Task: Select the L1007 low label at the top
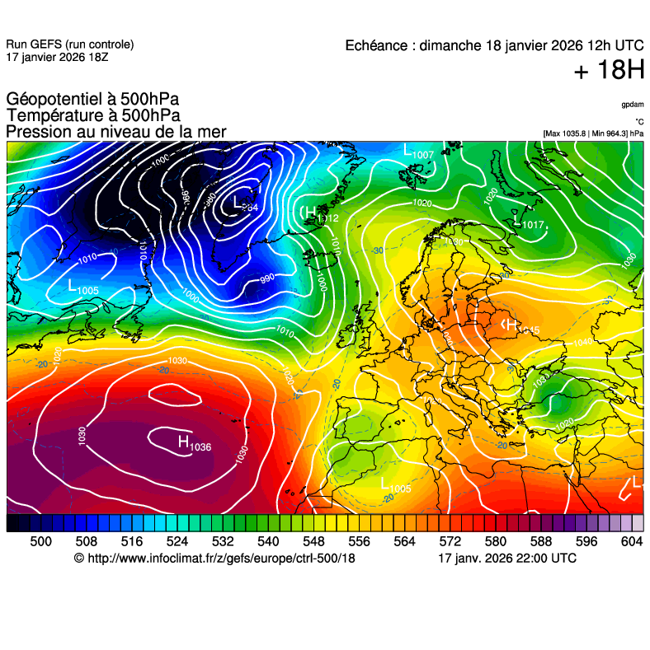click(x=418, y=152)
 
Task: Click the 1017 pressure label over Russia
click(x=533, y=224)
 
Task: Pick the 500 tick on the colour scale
click(x=40, y=541)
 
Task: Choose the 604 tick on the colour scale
click(x=631, y=541)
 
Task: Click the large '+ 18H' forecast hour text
click(x=609, y=71)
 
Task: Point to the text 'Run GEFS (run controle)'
click(x=69, y=44)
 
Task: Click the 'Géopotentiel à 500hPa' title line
click(x=92, y=100)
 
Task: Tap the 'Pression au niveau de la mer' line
click(x=115, y=132)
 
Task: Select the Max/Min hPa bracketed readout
click(x=593, y=133)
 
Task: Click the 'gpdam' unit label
click(x=633, y=105)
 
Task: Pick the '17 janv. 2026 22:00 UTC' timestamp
click(x=507, y=559)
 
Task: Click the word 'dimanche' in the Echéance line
click(x=446, y=46)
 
